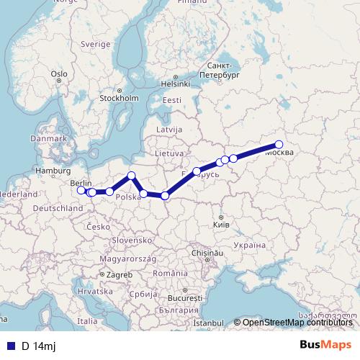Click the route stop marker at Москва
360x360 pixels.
click(x=279, y=145)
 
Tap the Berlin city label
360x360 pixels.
click(x=81, y=184)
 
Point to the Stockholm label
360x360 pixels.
click(x=120, y=98)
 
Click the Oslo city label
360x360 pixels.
click(x=59, y=73)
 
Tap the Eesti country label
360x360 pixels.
click(x=172, y=100)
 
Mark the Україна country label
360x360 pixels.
click(x=250, y=246)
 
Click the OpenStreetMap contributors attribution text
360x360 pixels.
click(x=297, y=323)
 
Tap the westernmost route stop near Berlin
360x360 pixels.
click(x=81, y=190)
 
